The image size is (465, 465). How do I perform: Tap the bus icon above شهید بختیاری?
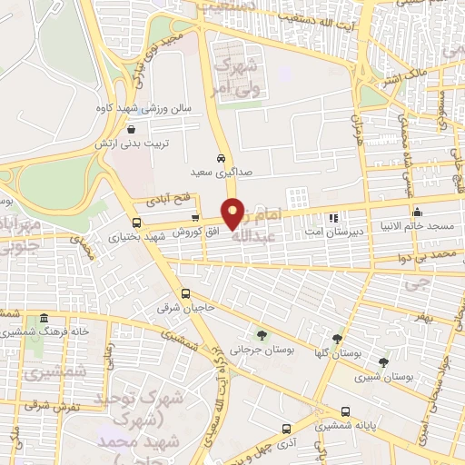pos(136,223)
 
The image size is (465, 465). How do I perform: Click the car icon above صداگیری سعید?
pos(221,158)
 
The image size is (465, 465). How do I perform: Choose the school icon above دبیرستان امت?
pos(333,217)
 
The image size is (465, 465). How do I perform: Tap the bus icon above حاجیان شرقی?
pos(185,293)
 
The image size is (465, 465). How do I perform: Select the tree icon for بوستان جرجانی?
pos(262,333)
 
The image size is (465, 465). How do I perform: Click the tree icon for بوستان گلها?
pos(337,340)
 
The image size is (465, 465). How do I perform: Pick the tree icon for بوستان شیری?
pos(383,362)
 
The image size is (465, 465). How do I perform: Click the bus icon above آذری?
pos(286,427)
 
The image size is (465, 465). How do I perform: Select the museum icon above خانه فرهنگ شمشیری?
pos(42,318)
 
